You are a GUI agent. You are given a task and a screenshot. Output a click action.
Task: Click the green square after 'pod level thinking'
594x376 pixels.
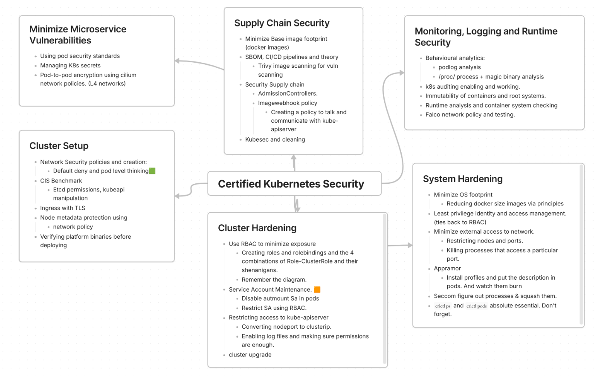pos(152,171)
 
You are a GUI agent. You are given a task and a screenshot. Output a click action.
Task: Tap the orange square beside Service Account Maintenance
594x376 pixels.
pos(317,289)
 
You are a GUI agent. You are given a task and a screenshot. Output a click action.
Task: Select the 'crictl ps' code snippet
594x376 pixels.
pos(443,306)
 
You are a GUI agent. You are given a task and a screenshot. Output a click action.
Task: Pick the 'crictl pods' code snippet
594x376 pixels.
pos(477,306)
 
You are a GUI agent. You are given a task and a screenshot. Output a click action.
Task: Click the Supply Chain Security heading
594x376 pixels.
pos(282,23)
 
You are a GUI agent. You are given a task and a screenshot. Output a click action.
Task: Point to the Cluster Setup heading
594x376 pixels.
pos(59,146)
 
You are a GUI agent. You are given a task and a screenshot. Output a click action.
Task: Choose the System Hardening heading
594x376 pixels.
pos(463,179)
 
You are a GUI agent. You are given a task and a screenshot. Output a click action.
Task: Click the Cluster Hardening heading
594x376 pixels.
pos(257,228)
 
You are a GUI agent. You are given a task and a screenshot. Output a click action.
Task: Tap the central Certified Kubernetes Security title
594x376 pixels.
pos(291,184)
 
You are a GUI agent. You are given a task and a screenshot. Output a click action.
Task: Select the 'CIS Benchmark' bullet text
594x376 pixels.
pos(61,181)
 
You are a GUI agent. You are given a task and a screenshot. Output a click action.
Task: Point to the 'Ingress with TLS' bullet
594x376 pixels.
pos(63,208)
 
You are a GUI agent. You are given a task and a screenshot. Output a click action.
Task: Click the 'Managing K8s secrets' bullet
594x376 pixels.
pos(70,66)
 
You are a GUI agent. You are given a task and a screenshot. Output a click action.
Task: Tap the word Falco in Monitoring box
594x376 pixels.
pos(433,115)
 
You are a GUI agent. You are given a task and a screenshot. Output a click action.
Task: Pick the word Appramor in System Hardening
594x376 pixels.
pos(447,269)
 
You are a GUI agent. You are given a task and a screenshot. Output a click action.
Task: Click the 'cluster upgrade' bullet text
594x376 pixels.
pos(250,355)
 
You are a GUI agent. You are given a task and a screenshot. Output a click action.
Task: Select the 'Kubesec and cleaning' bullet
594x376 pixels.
pos(275,139)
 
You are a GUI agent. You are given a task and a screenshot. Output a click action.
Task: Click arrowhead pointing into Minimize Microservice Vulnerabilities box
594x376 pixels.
pos(177,61)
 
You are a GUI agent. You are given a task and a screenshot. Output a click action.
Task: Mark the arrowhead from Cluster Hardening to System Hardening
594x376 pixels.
pos(410,245)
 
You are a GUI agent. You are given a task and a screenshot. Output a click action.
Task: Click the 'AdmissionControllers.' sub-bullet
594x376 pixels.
pos(288,94)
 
